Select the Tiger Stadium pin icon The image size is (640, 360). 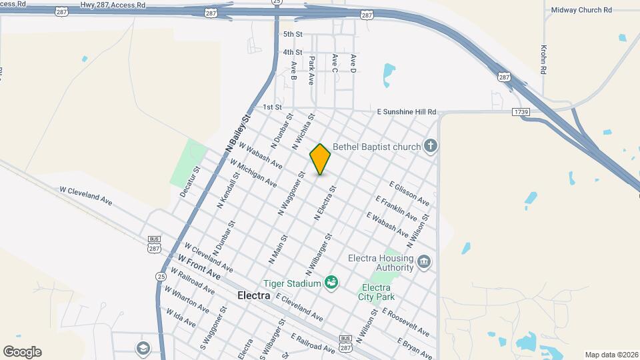[x=329, y=284]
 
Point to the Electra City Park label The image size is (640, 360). [x=376, y=292]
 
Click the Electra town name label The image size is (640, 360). [x=254, y=295]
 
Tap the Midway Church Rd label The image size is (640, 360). [x=581, y=10]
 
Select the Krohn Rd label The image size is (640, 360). [x=543, y=60]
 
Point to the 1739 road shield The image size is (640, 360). [x=521, y=112]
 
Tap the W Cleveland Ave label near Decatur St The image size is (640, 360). [x=87, y=195]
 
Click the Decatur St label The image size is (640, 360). [x=190, y=182]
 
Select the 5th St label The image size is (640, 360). [x=293, y=34]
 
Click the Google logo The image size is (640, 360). [x=22, y=352]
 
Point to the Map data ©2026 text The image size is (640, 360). [x=611, y=355]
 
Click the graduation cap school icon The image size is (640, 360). [x=143, y=348]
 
